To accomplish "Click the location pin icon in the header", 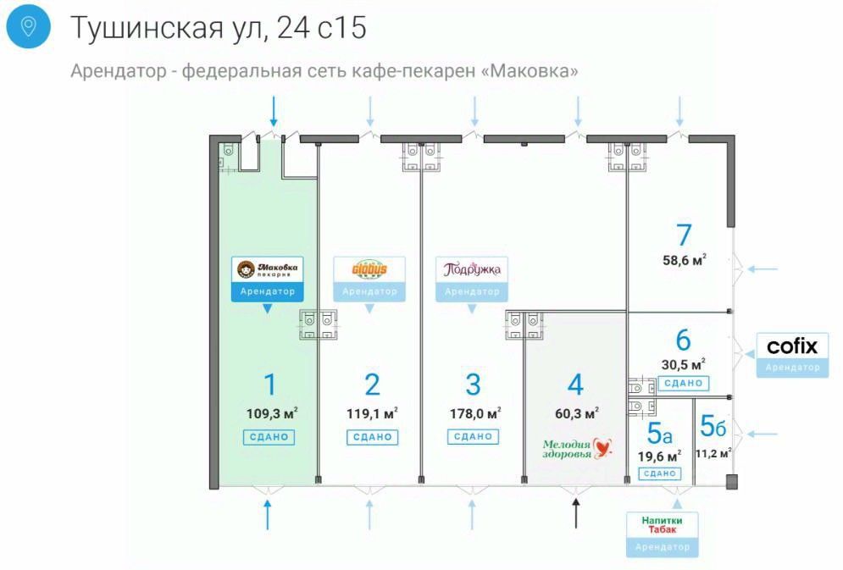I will click(28, 27).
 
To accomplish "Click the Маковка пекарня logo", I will click(268, 270).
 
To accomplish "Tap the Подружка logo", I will click(472, 269).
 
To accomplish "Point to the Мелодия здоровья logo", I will click(576, 446).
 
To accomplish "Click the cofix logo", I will click(792, 346).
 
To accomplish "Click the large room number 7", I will click(684, 235).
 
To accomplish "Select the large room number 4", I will click(575, 385).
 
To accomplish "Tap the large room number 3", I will click(473, 385).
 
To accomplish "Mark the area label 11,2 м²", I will click(713, 452).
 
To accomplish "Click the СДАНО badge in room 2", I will click(370, 437).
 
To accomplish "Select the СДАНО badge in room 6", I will click(683, 383).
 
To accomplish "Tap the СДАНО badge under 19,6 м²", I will click(658, 473).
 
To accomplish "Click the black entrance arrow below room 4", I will click(576, 513).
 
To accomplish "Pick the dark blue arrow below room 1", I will click(268, 514).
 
